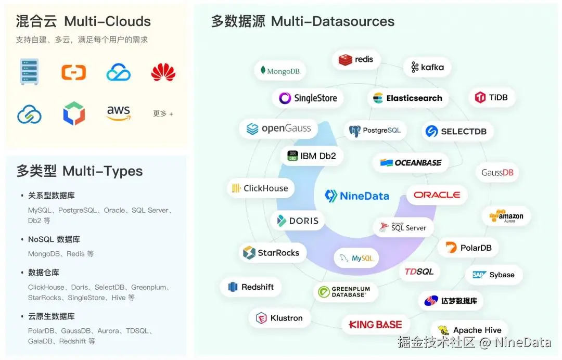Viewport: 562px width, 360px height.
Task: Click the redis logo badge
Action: point(356,60)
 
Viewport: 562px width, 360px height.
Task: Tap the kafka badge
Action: point(427,67)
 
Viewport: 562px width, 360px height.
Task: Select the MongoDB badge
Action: point(280,71)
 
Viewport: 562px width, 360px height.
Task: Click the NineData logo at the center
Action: point(357,196)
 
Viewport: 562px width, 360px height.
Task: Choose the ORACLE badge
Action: point(437,195)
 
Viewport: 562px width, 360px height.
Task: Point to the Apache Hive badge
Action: point(470,330)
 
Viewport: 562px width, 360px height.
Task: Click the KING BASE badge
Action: point(375,325)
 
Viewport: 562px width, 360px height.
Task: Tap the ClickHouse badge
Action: point(260,188)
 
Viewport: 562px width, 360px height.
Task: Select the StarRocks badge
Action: point(272,253)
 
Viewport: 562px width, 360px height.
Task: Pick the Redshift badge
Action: point(251,287)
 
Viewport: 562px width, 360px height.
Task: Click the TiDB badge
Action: point(491,97)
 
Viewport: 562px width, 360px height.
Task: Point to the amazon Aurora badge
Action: point(506,216)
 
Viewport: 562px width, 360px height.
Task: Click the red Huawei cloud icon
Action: point(163,72)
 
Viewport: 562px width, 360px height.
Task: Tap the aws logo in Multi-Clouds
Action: point(119,113)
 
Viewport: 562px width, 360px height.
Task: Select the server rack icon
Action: point(30,72)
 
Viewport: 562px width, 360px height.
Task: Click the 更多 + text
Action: point(163,113)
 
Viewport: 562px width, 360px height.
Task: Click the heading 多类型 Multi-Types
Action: point(80,171)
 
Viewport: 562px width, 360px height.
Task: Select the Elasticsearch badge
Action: point(407,98)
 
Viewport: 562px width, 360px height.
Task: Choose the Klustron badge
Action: point(279,318)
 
